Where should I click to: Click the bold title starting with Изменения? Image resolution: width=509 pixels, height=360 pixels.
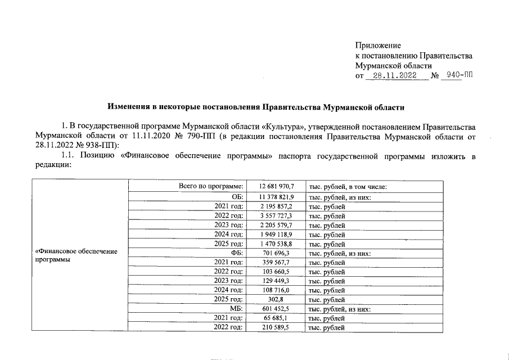(256, 106)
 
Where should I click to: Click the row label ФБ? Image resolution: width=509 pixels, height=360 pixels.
(236, 253)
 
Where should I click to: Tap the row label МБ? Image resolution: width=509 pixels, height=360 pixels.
(236, 309)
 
